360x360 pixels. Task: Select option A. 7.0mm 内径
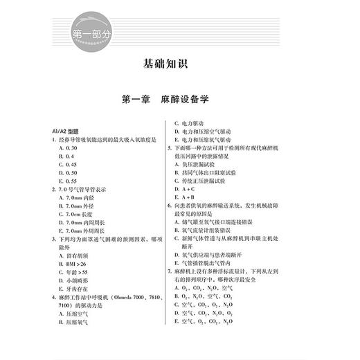point(75,198)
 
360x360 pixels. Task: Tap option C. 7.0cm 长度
point(75,215)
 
